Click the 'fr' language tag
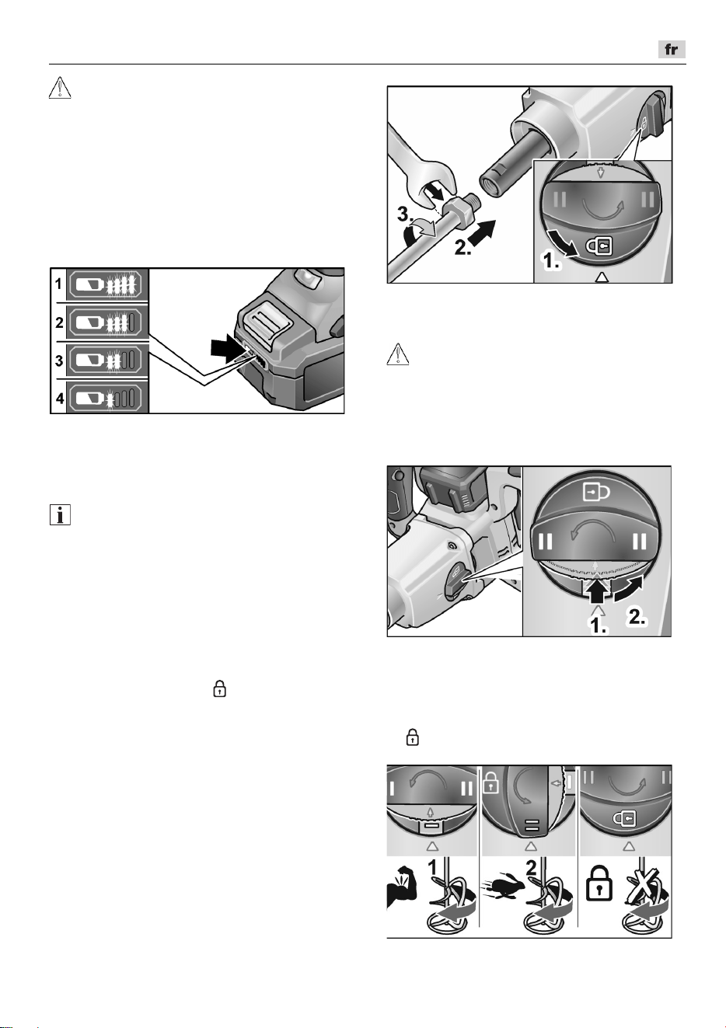coord(671,50)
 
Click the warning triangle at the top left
coord(60,88)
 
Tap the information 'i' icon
coord(60,515)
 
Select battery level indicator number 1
coord(107,284)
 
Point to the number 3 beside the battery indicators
coord(59,361)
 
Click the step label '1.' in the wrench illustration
coord(552,262)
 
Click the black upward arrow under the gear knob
coord(596,592)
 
